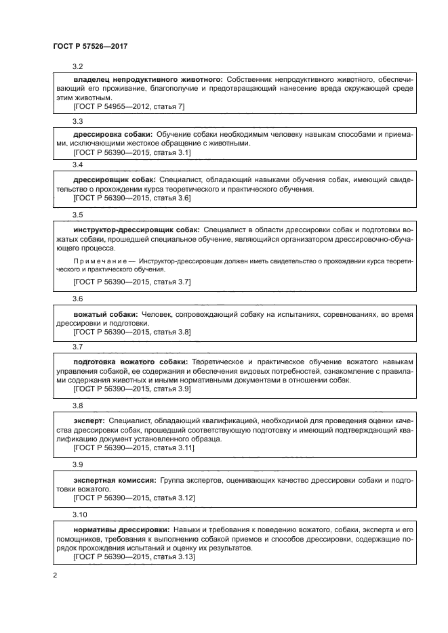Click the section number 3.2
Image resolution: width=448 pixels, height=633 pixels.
[x=78, y=67]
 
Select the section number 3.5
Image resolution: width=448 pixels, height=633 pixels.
[x=78, y=215]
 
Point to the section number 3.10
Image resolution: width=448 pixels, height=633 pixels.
[x=80, y=514]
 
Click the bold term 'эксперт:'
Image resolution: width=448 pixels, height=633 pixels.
[x=89, y=421]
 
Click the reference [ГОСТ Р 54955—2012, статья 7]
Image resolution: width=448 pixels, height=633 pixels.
[x=129, y=106]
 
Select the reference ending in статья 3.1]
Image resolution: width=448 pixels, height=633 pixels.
[x=131, y=153]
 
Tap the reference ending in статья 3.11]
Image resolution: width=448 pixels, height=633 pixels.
[x=134, y=448]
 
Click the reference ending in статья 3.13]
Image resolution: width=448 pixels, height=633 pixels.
[x=134, y=556]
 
